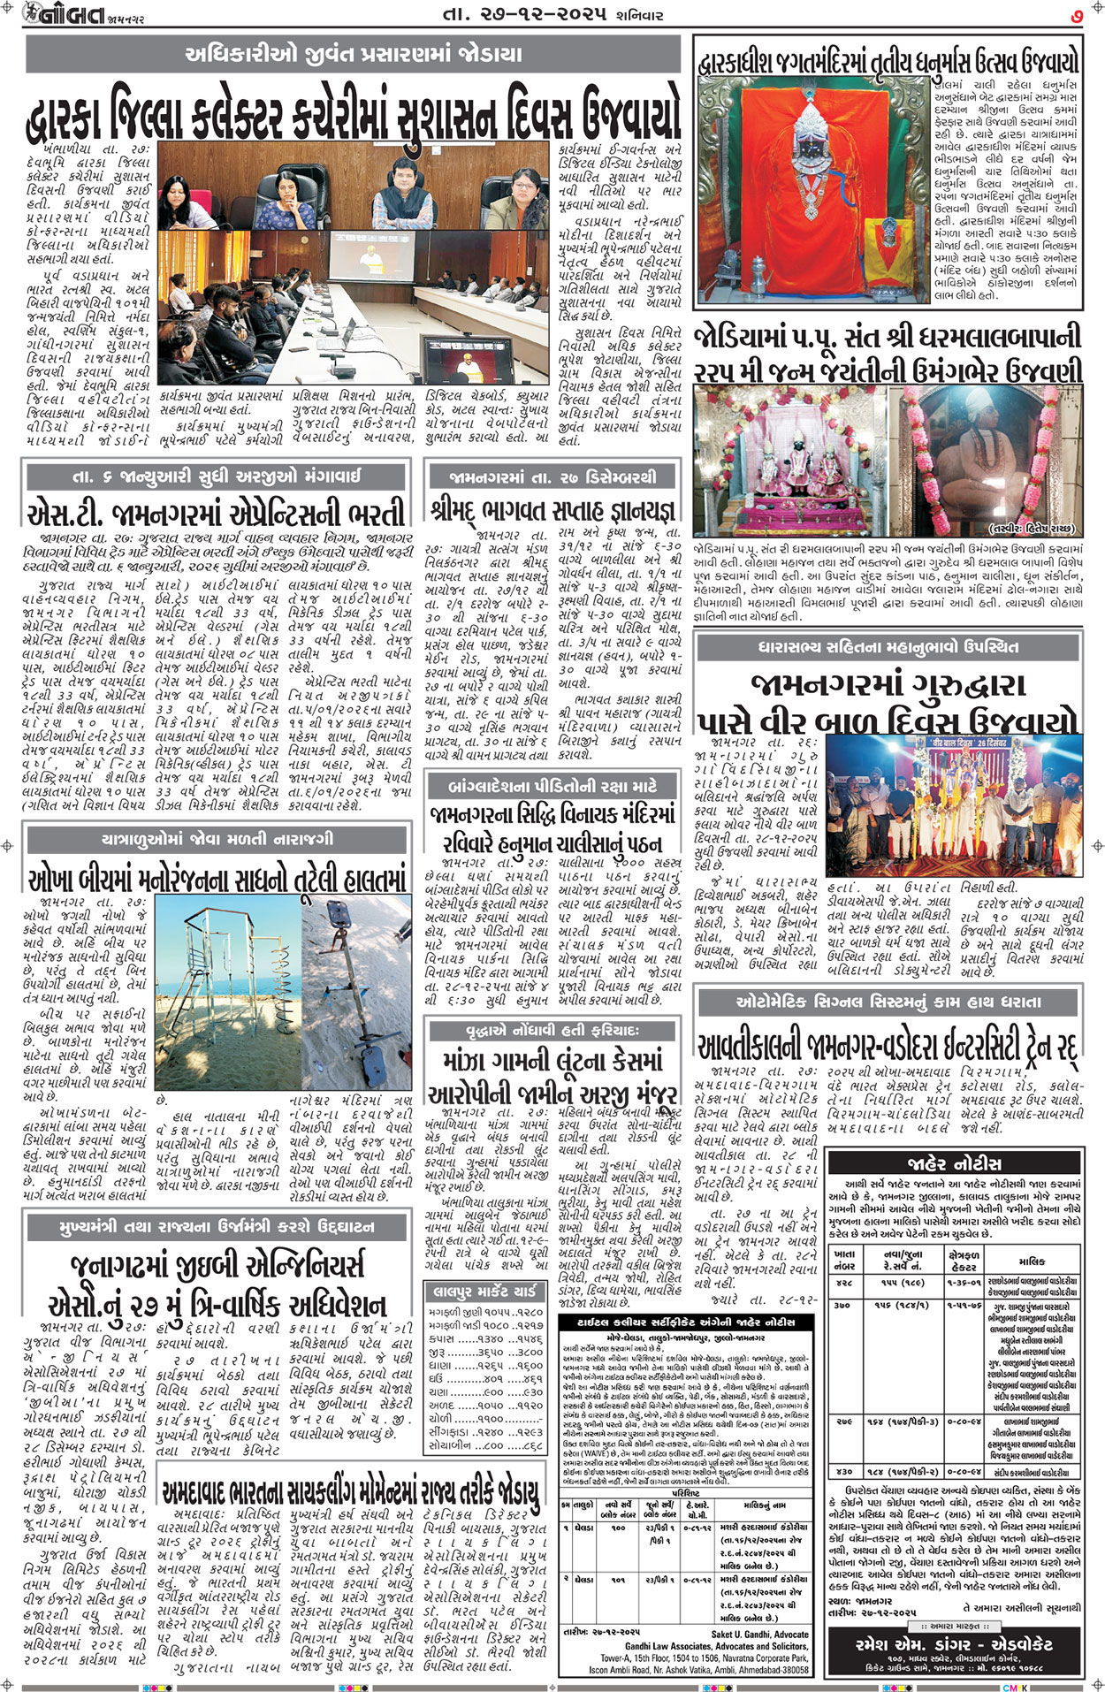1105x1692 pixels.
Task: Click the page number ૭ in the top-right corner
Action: (1075, 14)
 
